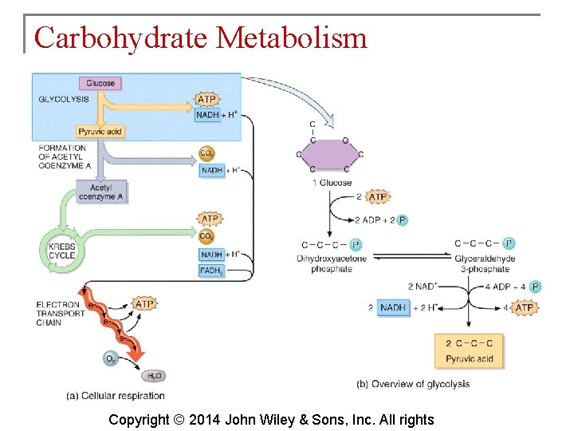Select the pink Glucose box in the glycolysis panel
pos(100,83)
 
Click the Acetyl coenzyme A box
pos(100,192)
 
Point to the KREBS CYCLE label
pos(61,251)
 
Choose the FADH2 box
pos(211,271)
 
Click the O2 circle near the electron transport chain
pos(112,359)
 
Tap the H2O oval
pos(153,375)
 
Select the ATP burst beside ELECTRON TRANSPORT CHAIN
pos(144,304)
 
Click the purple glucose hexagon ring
pos(330,154)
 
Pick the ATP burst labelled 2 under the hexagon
pos(377,197)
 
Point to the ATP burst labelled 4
pos(524,307)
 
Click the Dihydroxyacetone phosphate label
pos(331,264)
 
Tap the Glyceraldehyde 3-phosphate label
pos(484,264)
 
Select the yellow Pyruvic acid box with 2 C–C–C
pos(470,351)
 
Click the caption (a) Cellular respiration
pos(116,396)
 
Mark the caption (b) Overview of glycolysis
pos(412,384)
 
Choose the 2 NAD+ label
pos(423,286)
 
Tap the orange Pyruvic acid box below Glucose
pos(99,132)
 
